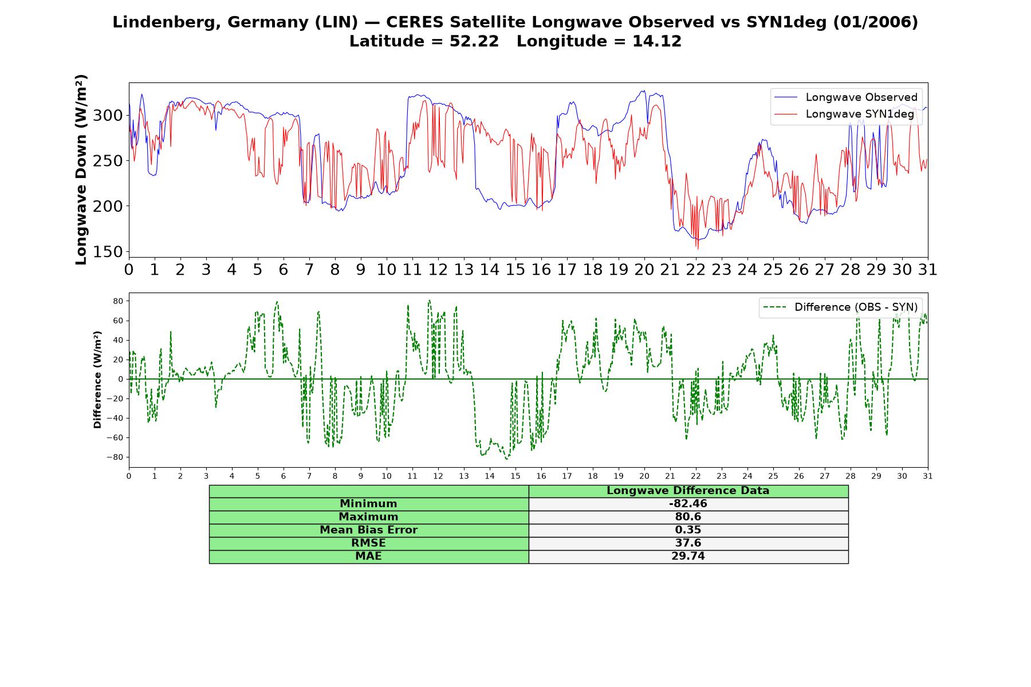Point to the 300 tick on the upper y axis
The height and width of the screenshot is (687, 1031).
point(108,116)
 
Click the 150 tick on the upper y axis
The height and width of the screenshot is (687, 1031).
point(108,252)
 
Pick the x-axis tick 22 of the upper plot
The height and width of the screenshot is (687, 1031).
point(696,270)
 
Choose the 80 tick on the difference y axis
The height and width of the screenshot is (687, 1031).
point(119,301)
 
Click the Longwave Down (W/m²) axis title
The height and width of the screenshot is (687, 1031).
point(81,169)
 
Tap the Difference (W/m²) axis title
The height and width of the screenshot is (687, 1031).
point(97,380)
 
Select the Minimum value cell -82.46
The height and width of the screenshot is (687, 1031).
point(688,504)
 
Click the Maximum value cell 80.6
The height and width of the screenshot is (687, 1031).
point(688,517)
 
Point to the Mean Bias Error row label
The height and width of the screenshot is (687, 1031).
point(368,530)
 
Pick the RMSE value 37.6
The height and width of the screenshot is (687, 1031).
point(688,543)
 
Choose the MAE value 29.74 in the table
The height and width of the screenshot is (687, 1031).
point(688,556)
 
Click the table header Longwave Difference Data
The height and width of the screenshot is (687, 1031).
point(688,491)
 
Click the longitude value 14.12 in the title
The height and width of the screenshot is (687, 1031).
point(657,42)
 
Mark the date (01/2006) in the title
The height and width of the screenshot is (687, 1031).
point(875,22)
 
